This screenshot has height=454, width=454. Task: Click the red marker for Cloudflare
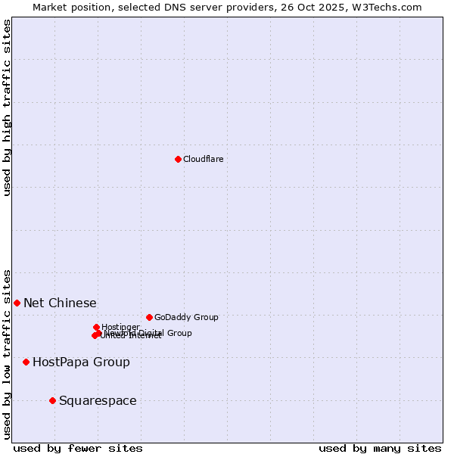coord(178,159)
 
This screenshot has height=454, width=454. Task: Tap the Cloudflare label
coord(203,159)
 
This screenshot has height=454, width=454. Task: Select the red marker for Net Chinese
coord(17,303)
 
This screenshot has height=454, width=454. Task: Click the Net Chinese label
coord(60,303)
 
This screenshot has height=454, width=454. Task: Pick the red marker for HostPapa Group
coord(26,362)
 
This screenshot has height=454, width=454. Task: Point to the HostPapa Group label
coord(81,362)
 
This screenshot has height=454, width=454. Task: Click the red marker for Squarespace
coord(52,400)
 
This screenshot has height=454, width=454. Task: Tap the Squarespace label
coord(98,400)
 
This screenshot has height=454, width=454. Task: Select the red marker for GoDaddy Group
coord(149,317)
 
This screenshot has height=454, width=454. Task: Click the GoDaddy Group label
coord(185,317)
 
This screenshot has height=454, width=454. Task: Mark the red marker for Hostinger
coord(96,327)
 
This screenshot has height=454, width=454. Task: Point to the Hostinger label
coord(120,327)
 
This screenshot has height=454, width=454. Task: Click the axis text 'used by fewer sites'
coord(78,448)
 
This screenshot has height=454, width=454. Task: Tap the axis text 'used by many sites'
coord(380,448)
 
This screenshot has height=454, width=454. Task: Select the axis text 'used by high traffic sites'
coord(7,107)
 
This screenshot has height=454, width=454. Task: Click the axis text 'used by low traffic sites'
coord(7,353)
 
